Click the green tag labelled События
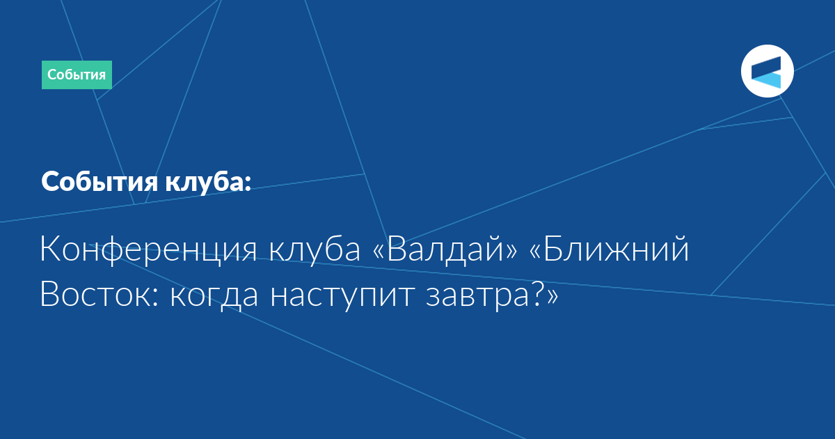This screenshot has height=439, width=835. [77, 75]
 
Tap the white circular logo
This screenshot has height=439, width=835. [767, 71]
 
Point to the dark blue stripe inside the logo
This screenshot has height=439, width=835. [766, 68]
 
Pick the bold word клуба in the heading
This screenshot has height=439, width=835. [205, 181]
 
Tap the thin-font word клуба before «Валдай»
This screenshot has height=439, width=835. [315, 248]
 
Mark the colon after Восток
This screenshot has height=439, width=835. [156, 297]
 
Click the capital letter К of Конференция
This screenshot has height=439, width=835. [51, 248]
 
